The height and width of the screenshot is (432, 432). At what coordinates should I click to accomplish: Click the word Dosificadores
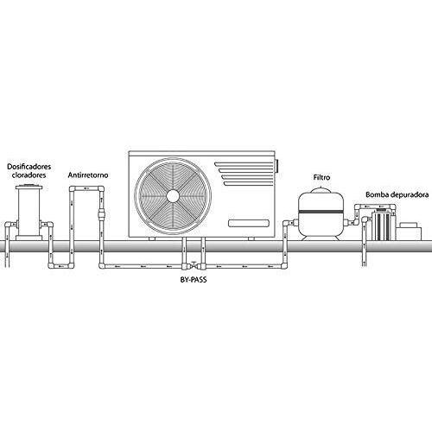click(29, 167)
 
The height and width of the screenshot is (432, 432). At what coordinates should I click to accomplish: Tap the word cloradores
click(29, 175)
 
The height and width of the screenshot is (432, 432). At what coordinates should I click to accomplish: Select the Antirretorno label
click(88, 175)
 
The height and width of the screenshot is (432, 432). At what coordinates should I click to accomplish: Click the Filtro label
click(321, 177)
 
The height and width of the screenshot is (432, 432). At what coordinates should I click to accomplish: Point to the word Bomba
click(376, 194)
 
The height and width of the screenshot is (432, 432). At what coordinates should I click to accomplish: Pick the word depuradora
click(408, 194)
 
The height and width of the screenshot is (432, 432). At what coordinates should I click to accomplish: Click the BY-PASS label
click(194, 280)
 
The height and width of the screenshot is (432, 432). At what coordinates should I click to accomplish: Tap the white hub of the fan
click(173, 196)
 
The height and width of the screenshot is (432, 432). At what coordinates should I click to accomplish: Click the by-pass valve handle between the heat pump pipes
click(194, 264)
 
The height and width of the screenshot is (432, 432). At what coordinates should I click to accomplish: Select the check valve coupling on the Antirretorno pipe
click(101, 215)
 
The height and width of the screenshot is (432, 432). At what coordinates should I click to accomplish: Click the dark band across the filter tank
click(321, 212)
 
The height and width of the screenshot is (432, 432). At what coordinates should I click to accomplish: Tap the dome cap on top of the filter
click(321, 190)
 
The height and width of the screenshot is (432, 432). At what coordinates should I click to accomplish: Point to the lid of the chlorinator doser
click(29, 187)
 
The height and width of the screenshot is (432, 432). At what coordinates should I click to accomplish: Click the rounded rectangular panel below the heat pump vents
click(249, 223)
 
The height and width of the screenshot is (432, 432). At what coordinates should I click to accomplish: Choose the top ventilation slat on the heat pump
click(244, 164)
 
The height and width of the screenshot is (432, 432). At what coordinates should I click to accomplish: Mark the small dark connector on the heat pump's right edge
click(277, 167)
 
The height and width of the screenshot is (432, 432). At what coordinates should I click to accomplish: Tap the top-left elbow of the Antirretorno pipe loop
click(73, 189)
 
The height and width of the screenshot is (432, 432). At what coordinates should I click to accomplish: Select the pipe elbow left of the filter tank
click(286, 224)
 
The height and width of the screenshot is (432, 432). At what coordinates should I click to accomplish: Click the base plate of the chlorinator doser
click(29, 238)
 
